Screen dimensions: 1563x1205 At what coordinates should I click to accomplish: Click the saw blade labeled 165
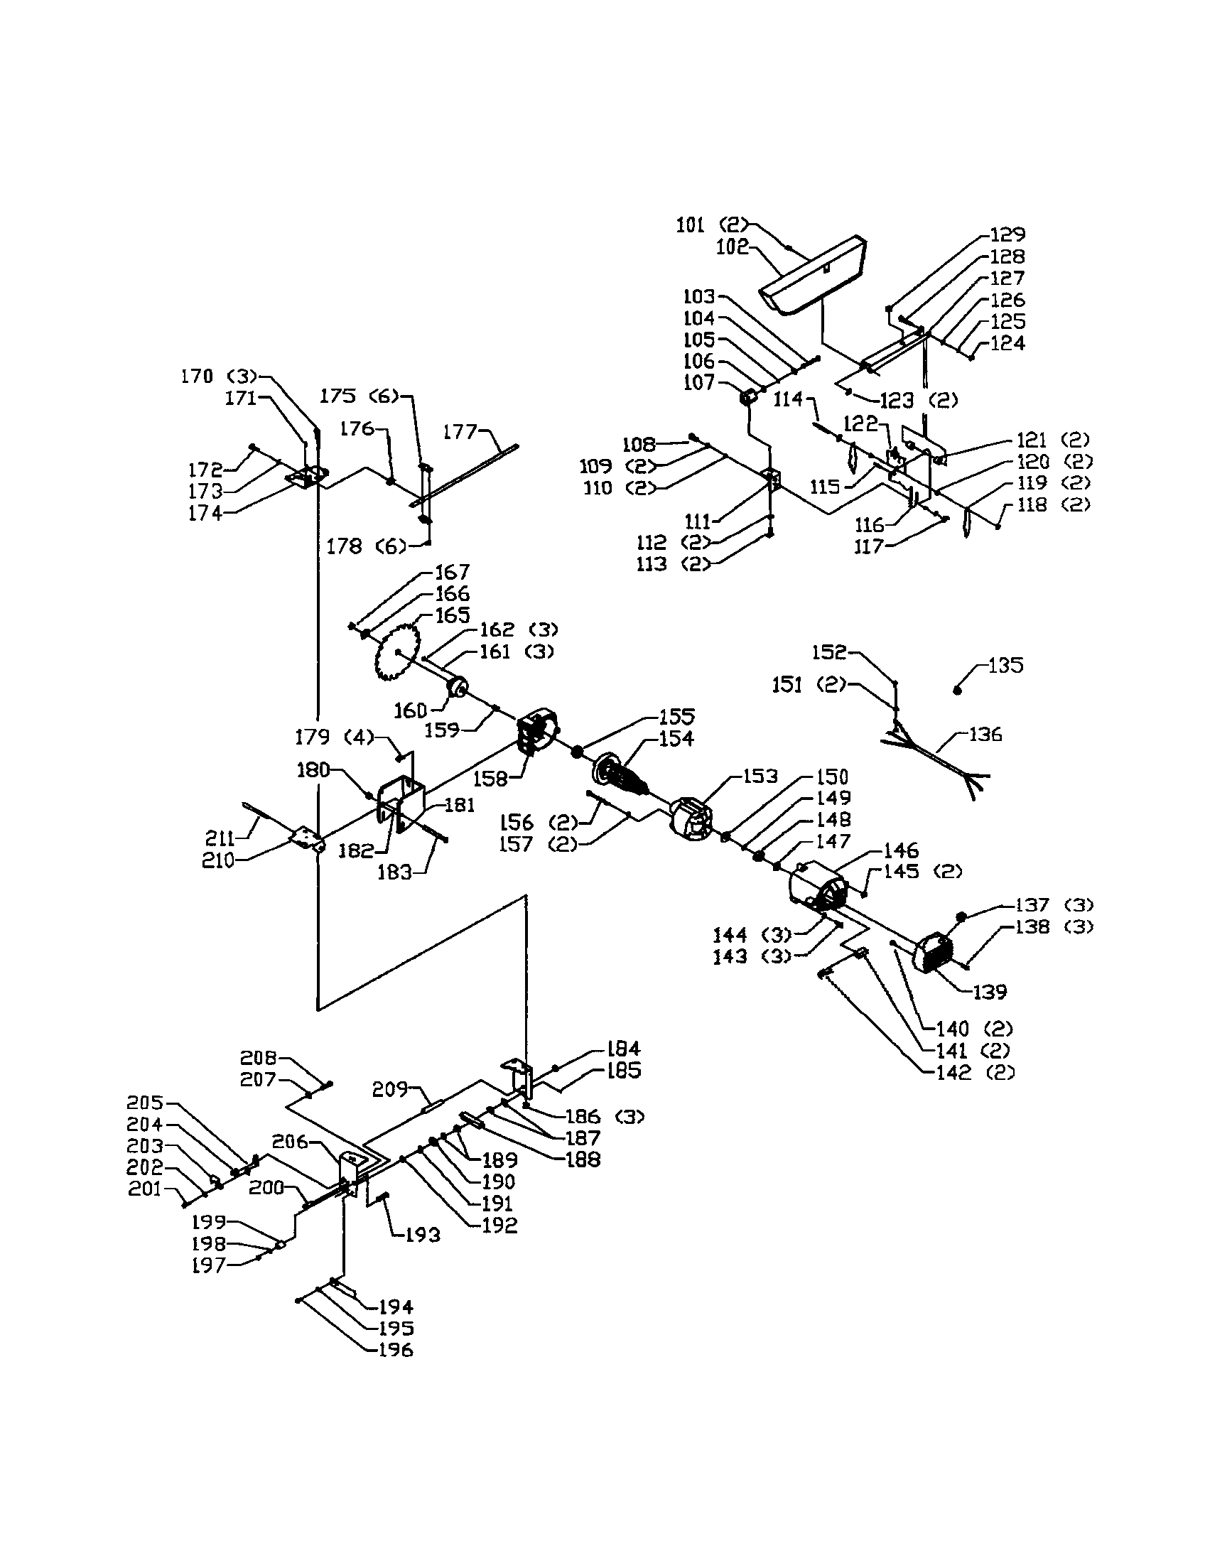(398, 652)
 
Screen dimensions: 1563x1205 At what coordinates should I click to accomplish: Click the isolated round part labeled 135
(958, 689)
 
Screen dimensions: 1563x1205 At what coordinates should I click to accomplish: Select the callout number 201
(145, 1189)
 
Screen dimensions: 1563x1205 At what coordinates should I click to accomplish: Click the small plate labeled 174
(307, 476)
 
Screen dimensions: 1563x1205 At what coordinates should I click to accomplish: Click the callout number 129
(1007, 234)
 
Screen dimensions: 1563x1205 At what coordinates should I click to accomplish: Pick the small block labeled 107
(748, 397)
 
